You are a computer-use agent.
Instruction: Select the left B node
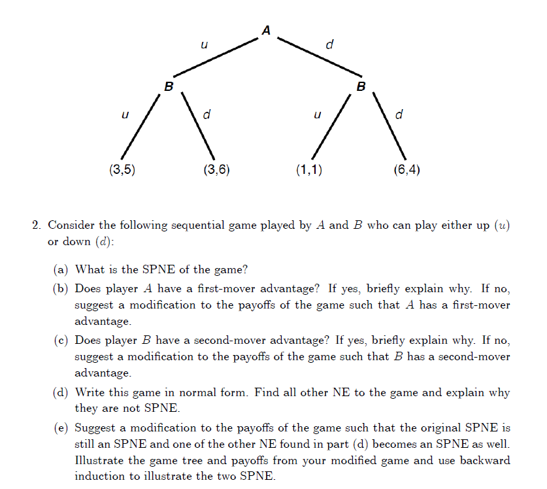169,86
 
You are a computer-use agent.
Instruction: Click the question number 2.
37,226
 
